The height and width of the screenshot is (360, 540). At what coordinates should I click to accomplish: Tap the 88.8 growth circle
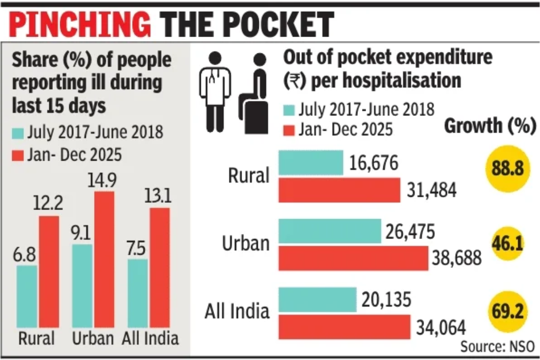point(505,169)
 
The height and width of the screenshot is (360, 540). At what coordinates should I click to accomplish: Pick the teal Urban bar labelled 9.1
point(82,285)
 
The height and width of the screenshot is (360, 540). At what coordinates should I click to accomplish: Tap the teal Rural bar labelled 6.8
point(27,295)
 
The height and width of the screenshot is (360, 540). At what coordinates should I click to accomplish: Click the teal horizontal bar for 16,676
point(310,164)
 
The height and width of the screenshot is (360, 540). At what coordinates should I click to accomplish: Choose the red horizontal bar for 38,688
point(353,259)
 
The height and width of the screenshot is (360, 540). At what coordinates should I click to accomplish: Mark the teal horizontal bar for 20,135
point(317,299)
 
